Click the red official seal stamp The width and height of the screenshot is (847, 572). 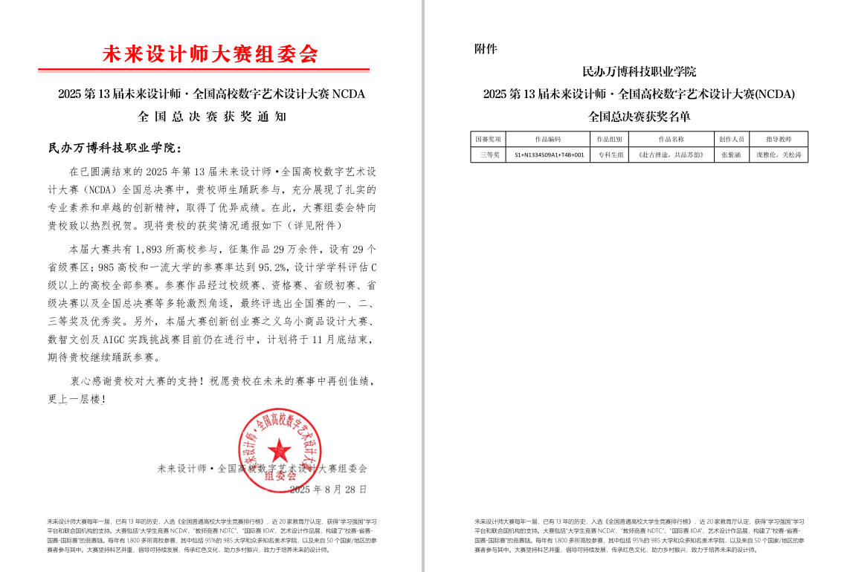point(280,449)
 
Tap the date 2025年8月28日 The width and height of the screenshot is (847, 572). point(328,490)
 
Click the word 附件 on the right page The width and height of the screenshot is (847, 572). point(486,49)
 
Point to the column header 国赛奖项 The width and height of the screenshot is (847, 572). point(488,139)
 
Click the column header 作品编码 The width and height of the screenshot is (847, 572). point(548,139)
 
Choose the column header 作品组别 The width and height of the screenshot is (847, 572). point(610,139)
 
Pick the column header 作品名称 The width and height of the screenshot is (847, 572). point(672,139)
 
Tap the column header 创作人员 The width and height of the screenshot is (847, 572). point(731,139)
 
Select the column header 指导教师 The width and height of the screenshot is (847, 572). point(779,139)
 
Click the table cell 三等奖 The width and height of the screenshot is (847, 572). point(488,155)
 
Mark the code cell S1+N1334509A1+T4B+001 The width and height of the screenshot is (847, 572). point(549,155)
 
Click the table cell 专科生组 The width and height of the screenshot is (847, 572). point(610,155)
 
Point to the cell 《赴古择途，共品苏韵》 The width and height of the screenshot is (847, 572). point(672,155)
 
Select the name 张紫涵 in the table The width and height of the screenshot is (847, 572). point(731,155)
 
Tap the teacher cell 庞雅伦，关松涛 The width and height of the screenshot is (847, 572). point(779,155)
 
